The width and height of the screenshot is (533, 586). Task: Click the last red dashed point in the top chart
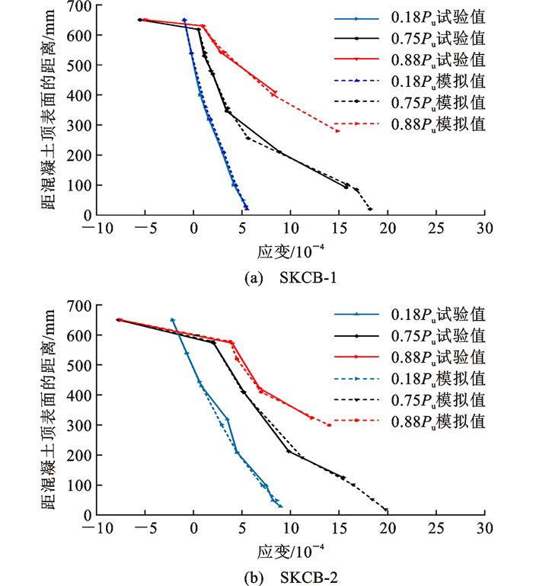point(338,130)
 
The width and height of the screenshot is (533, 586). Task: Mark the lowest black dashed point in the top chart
point(370,209)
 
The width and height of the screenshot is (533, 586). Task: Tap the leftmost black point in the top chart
point(139,20)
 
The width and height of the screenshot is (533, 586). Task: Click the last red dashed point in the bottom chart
point(329,424)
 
